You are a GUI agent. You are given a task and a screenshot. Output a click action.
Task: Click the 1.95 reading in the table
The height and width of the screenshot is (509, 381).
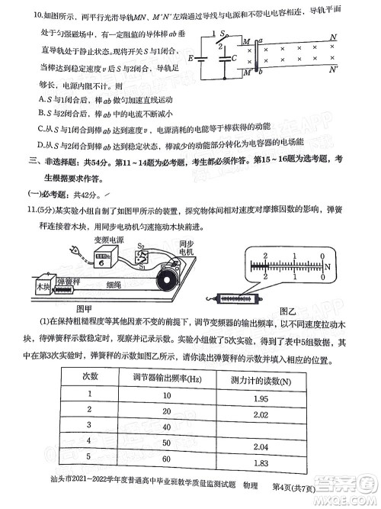[259, 394]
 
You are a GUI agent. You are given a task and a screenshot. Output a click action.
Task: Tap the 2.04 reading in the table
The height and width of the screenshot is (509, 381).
[259, 446]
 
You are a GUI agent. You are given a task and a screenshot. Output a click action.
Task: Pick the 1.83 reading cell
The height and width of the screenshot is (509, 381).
[259, 462]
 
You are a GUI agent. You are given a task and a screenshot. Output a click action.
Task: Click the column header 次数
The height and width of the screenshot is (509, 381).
[91, 377]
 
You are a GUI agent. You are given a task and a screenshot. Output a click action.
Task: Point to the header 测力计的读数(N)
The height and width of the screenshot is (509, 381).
[260, 379]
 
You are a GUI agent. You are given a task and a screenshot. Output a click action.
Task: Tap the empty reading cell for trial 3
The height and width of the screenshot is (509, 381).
[259, 428]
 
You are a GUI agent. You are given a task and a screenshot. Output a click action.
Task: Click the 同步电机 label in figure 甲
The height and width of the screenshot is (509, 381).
[187, 248]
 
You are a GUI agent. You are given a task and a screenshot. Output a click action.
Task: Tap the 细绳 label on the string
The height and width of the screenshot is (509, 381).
[113, 284]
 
